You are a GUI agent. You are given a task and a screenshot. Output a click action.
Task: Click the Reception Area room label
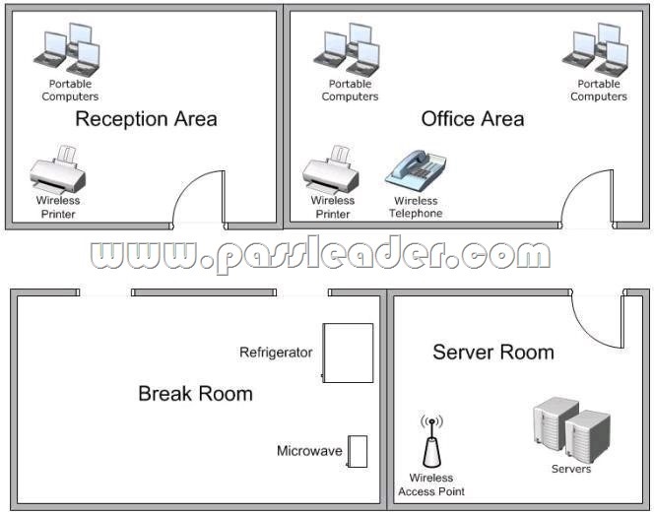146,119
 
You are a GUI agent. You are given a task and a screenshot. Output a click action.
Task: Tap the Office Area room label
473,119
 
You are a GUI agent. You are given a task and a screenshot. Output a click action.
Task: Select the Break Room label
195,394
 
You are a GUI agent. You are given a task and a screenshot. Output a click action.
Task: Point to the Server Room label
493,353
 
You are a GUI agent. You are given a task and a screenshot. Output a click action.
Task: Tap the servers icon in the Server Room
572,430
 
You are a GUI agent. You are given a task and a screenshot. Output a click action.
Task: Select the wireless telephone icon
416,171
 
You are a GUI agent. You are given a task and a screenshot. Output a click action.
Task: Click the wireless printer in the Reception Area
57,169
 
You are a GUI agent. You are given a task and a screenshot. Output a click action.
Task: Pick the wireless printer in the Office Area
330,169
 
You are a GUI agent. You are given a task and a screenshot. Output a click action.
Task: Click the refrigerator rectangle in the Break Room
348,353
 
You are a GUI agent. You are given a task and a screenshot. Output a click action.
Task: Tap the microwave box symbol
357,452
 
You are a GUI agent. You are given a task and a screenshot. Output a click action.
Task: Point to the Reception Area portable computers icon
67,50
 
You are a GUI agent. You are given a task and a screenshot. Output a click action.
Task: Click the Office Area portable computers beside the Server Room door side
595,50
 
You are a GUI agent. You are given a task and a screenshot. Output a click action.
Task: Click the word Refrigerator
276,353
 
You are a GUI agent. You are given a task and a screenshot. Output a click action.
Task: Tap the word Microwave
309,451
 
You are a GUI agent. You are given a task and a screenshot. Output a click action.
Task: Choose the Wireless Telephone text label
416,207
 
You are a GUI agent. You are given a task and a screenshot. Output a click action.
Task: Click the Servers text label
571,469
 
